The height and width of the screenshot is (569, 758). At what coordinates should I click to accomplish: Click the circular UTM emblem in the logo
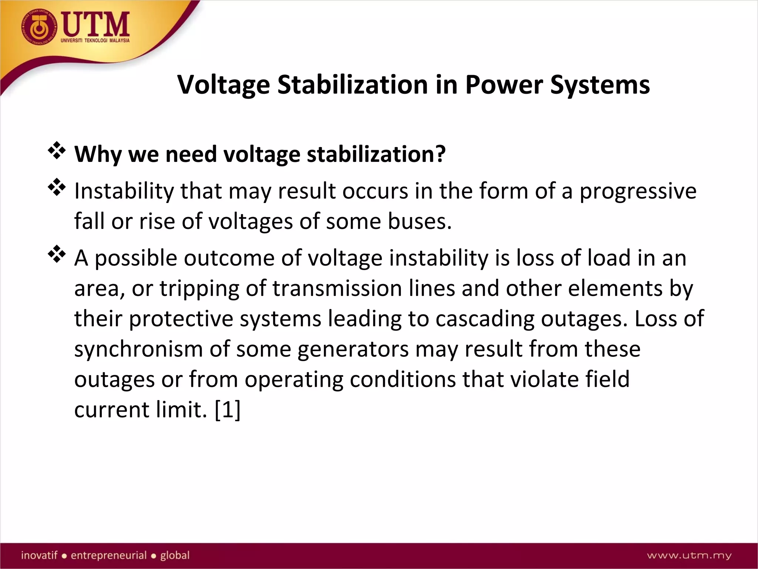[40, 27]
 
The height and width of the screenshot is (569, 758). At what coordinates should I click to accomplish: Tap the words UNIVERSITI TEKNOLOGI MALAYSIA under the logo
[95, 40]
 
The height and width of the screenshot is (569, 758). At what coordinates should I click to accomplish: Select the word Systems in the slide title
[600, 85]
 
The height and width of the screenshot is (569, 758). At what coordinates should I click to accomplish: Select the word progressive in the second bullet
[638, 191]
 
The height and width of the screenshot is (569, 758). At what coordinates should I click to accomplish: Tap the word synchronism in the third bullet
[138, 349]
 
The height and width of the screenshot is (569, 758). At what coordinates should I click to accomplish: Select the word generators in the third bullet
[353, 349]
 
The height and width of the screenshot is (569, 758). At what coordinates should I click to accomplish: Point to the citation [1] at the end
[227, 410]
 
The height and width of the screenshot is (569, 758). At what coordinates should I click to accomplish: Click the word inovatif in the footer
[39, 555]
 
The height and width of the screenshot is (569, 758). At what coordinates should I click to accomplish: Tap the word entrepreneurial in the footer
[109, 555]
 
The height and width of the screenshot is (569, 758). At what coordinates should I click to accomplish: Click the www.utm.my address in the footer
[689, 555]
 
